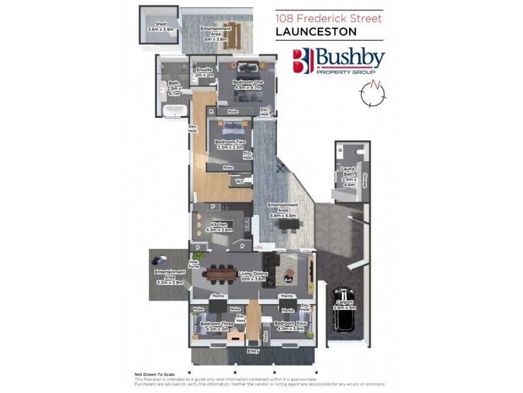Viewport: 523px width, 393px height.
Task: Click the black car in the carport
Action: coord(342,310)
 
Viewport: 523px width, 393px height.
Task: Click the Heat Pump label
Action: coord(194,265)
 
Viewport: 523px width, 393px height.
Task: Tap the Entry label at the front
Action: coord(253,352)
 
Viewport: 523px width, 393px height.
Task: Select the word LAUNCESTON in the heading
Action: coord(316,31)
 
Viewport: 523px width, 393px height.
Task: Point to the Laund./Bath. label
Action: coord(348,174)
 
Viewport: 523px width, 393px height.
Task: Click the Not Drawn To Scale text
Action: coord(156,375)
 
